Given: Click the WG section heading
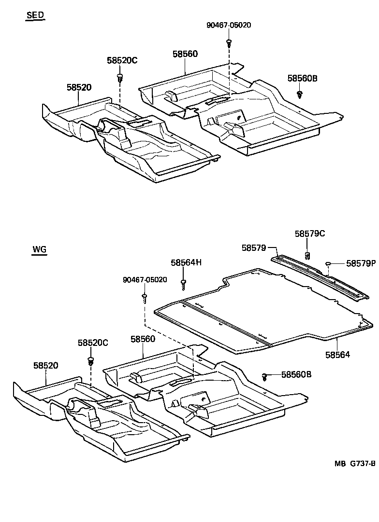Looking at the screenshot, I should (39, 249).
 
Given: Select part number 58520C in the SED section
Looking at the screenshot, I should (122, 60).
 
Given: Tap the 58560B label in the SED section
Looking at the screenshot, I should (302, 78).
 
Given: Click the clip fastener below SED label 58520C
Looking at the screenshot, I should (119, 77).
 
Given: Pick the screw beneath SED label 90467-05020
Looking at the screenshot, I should (229, 42).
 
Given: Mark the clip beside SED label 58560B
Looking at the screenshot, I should (299, 93).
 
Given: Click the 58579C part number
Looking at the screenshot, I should (310, 234).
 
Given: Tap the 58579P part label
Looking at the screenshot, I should (360, 263).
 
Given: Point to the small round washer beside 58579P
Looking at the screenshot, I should (328, 263).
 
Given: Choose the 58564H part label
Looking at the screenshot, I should (186, 262).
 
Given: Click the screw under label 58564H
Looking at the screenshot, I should (183, 284).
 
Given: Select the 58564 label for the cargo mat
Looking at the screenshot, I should (337, 354).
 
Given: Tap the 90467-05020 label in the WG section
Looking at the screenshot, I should (145, 280).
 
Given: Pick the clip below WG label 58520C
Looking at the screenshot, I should (90, 360).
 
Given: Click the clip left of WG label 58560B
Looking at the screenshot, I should (265, 375).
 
